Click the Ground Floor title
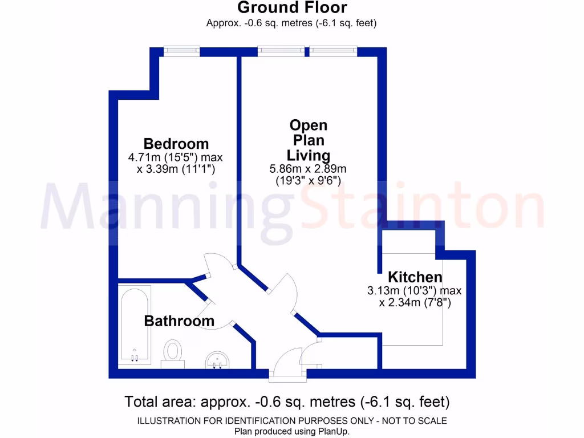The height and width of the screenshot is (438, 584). point(291,8)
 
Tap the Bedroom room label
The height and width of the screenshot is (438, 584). point(176,144)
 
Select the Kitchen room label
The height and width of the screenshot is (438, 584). point(415,277)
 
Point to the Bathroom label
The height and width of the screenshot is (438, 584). point(179,321)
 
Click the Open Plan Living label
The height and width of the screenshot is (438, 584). point(308,140)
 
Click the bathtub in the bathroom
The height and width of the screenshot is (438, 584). point(135,325)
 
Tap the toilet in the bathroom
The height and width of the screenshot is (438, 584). point(172,351)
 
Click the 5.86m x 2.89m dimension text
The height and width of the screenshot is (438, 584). point(308,169)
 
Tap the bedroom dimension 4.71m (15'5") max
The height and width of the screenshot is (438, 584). point(176,157)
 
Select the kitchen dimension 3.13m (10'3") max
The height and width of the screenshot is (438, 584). point(415,291)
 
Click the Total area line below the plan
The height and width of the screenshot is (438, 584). point(287,401)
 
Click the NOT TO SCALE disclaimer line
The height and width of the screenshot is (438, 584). point(291,421)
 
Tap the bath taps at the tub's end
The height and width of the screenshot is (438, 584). point(135,358)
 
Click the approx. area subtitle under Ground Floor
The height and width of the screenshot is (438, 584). point(291,23)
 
